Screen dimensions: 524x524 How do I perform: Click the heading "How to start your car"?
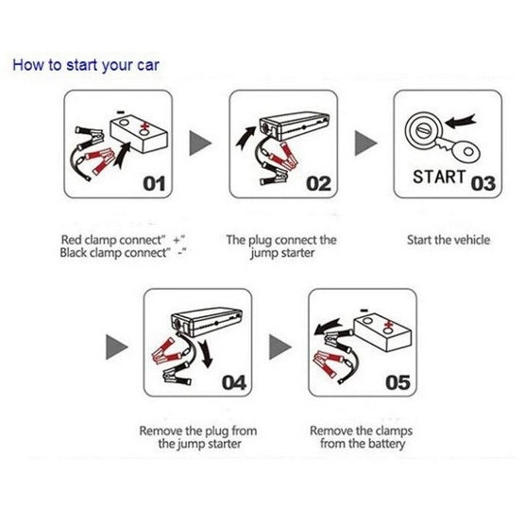86,65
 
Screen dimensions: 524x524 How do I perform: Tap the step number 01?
154,184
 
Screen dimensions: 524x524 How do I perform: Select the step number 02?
319,184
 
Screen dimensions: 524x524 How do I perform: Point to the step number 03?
482,184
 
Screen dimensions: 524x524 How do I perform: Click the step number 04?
234,383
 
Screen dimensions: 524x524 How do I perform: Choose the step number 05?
397,383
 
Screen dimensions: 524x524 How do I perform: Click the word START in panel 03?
439,177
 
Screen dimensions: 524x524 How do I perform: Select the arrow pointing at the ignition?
461,122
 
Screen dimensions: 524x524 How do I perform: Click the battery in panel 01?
139,134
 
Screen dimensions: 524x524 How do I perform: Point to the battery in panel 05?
382,332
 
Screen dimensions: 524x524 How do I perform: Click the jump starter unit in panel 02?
293,126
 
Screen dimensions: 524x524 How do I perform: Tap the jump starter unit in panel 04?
206,322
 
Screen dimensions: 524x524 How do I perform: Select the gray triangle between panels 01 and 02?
200,143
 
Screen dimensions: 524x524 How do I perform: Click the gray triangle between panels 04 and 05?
280,347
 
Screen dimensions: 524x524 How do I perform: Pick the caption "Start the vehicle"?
448,240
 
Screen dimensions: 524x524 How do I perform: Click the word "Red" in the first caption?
71,240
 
